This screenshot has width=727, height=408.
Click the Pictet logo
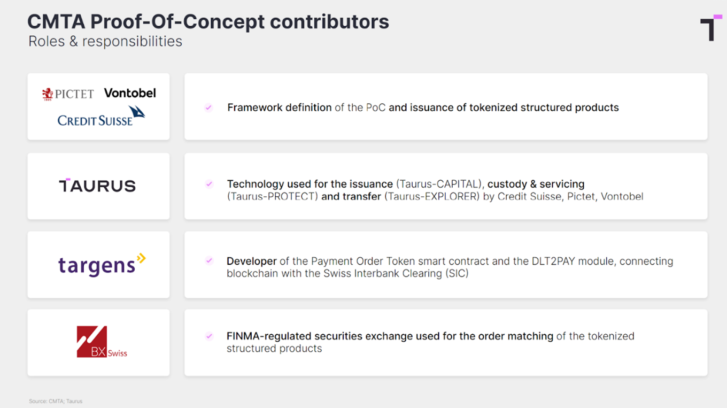68,94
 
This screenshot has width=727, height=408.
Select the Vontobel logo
130,93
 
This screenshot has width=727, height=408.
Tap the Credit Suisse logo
101,116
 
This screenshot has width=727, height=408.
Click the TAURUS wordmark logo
97,186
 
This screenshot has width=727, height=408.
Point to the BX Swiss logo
102,342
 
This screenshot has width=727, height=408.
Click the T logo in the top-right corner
711,28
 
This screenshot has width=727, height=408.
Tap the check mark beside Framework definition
208,107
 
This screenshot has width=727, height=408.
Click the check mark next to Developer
209,260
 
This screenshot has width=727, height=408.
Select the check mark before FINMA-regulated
209,336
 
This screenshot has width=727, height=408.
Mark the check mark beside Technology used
209,184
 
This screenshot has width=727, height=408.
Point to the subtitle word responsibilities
132,41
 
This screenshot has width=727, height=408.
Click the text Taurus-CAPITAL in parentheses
438,184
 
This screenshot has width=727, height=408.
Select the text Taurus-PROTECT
272,196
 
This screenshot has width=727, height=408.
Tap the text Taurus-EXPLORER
432,196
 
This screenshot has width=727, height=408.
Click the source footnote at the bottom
56,401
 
